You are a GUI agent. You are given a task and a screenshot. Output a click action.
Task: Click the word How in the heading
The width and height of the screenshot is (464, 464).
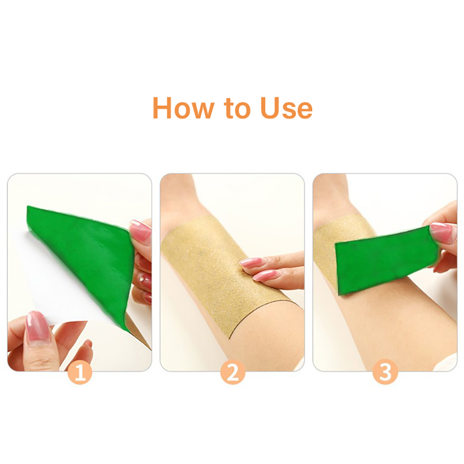[x=182, y=108]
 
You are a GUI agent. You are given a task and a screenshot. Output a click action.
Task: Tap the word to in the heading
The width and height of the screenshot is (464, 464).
[x=237, y=109]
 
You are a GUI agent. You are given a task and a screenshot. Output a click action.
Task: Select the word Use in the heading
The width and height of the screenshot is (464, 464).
[x=286, y=108]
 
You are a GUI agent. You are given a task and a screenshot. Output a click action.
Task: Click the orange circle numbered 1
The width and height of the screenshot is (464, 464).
[x=80, y=373]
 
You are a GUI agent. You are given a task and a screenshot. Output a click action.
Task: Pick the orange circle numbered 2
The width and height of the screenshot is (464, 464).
[x=232, y=373]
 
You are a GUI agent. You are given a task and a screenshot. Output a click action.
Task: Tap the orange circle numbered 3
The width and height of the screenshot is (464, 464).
[x=385, y=373]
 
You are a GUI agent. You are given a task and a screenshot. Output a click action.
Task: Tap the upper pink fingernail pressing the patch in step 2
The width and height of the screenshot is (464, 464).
[x=249, y=262]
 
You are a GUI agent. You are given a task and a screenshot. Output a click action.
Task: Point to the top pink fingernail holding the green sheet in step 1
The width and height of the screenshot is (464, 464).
[x=140, y=232]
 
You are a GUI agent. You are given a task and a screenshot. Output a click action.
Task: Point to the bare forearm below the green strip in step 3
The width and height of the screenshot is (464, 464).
[x=385, y=326]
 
